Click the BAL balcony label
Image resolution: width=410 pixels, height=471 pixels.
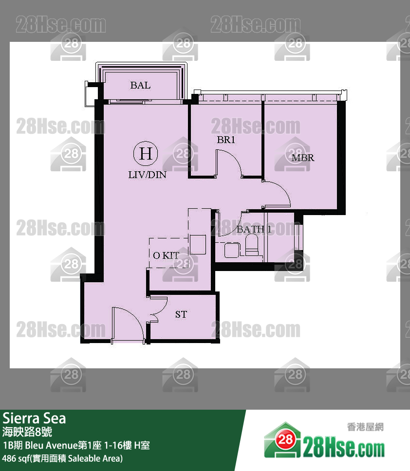pyautogui.click(x=140, y=86)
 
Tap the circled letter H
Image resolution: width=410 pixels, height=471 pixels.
pyautogui.click(x=146, y=154)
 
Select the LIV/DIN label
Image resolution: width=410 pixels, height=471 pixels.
pyautogui.click(x=147, y=175)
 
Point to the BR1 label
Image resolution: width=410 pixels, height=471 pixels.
pyautogui.click(x=226, y=140)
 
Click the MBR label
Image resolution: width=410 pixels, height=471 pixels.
pyautogui.click(x=302, y=158)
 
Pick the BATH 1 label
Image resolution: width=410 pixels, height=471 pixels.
pyautogui.click(x=254, y=229)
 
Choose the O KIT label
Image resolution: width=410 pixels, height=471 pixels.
pyautogui.click(x=166, y=255)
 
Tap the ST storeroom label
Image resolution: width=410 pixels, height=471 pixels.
pyautogui.click(x=181, y=315)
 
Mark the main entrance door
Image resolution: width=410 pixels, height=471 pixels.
pyautogui.click(x=128, y=325)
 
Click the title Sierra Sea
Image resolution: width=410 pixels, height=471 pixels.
pyautogui.click(x=34, y=418)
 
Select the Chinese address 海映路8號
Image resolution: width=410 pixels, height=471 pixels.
pyautogui.click(x=27, y=432)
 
